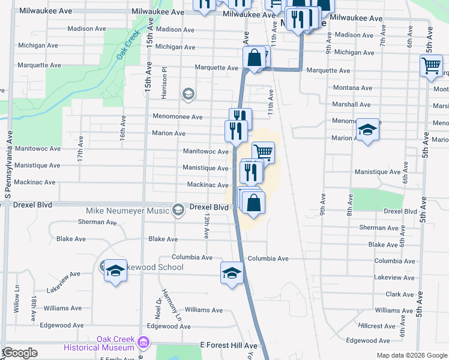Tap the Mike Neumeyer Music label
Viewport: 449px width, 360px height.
tap(128, 211)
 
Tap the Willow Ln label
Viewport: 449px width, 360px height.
tap(16, 304)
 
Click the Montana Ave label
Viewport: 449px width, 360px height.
tap(352, 88)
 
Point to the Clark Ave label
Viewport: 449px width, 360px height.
tap(400, 295)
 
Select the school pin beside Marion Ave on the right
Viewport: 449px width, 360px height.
tap(367, 130)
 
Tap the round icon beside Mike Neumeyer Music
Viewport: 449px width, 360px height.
tap(178, 210)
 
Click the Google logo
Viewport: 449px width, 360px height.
tap(20, 352)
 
